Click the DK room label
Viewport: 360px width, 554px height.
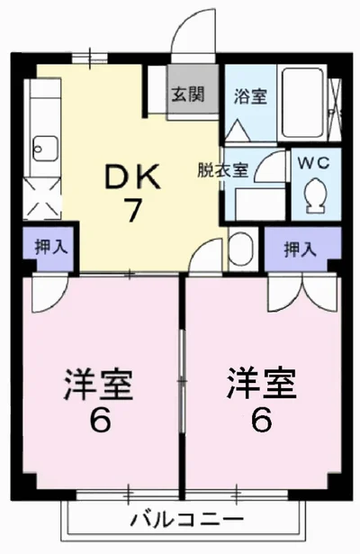pyautogui.click(x=132, y=177)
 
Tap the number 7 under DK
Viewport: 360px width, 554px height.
pyautogui.click(x=132, y=211)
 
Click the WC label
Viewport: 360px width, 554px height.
pyautogui.click(x=315, y=165)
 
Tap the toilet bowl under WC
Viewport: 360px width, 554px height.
pyautogui.click(x=315, y=194)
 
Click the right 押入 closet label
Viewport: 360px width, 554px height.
pyautogui.click(x=301, y=249)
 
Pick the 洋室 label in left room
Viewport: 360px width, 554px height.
pyautogui.click(x=98, y=386)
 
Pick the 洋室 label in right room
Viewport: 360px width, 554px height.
pyautogui.click(x=261, y=386)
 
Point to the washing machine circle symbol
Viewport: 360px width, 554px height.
pyautogui.click(x=240, y=246)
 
